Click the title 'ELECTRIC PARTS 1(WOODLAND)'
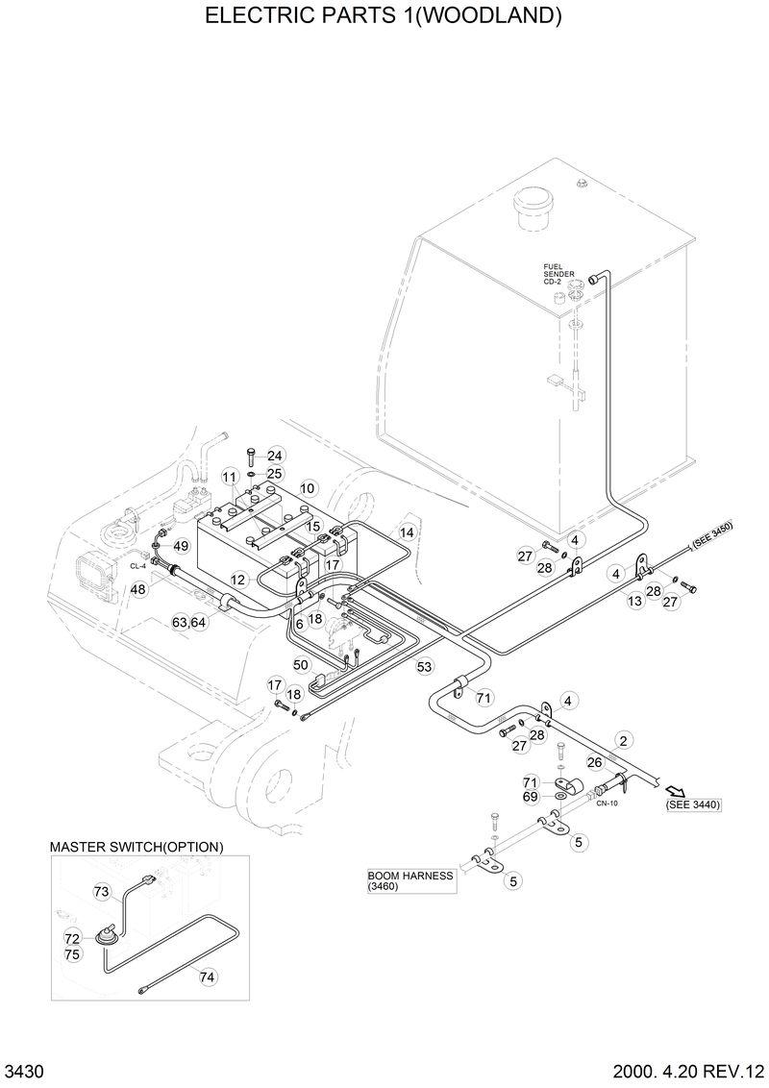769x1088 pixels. tap(384, 16)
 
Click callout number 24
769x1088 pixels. tap(275, 456)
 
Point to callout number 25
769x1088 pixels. tap(275, 474)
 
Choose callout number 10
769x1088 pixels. tap(308, 488)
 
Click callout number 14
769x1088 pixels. tap(407, 532)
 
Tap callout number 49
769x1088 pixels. tap(181, 546)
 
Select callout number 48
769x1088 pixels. tap(139, 589)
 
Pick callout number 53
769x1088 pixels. tap(424, 665)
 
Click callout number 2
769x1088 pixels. tap(624, 740)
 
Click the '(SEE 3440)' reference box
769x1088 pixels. tap(692, 804)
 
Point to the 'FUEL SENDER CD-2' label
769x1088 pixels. tap(558, 274)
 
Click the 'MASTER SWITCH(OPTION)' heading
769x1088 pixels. tap(136, 847)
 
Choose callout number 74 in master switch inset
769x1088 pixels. tap(208, 977)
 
